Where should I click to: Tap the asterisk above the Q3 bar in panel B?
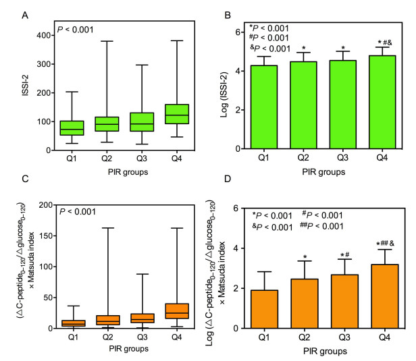344,49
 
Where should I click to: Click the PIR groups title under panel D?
326,352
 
